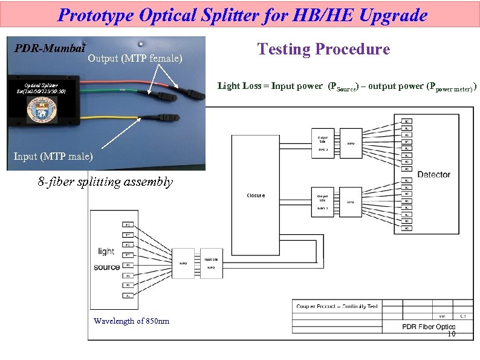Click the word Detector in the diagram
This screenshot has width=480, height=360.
(x=433, y=174)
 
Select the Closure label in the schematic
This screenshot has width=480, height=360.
(x=256, y=195)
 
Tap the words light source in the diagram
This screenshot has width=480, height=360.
(x=106, y=259)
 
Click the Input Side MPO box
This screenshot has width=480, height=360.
(x=211, y=263)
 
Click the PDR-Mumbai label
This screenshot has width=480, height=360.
(x=49, y=47)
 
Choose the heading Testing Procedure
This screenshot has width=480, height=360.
(x=323, y=49)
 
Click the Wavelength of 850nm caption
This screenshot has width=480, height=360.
(x=131, y=321)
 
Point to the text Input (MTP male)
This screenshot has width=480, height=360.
(x=54, y=157)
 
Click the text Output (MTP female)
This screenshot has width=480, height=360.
(x=135, y=59)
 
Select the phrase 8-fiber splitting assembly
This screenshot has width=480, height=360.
(x=105, y=181)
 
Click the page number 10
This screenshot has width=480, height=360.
(x=451, y=334)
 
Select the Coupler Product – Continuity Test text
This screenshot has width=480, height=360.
(x=337, y=306)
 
